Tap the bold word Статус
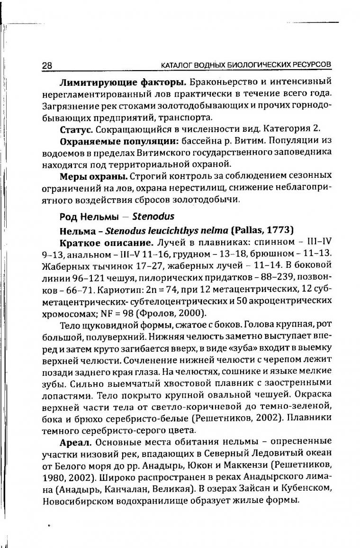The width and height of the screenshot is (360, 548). pos(73,129)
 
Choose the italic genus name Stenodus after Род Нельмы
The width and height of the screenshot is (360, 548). pos(153,217)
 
